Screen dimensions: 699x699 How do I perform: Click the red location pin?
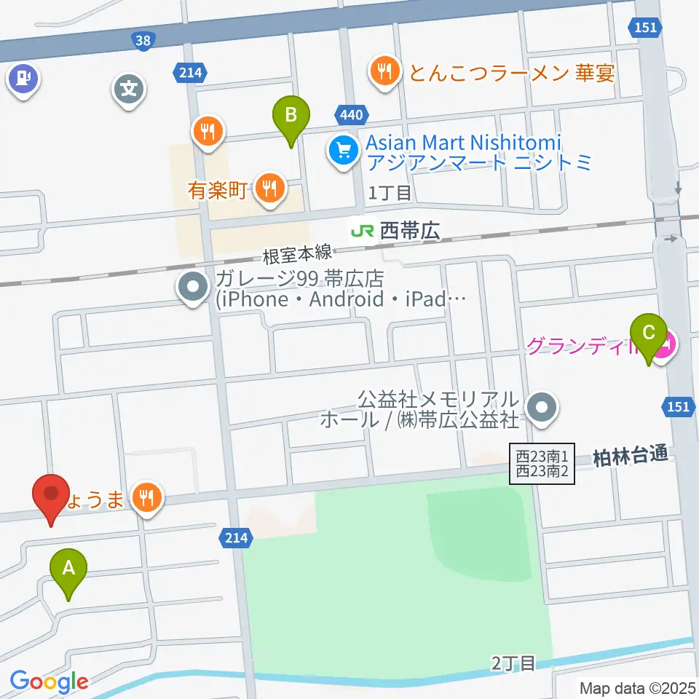pyautogui.click(x=52, y=495)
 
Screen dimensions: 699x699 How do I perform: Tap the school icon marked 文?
pyautogui.click(x=130, y=90)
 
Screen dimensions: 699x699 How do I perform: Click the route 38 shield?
pyautogui.click(x=143, y=41)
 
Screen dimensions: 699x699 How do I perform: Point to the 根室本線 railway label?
pyautogui.click(x=297, y=255)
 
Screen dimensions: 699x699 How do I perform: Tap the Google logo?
pyautogui.click(x=49, y=682)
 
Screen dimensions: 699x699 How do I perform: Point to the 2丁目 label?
pyautogui.click(x=513, y=663)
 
